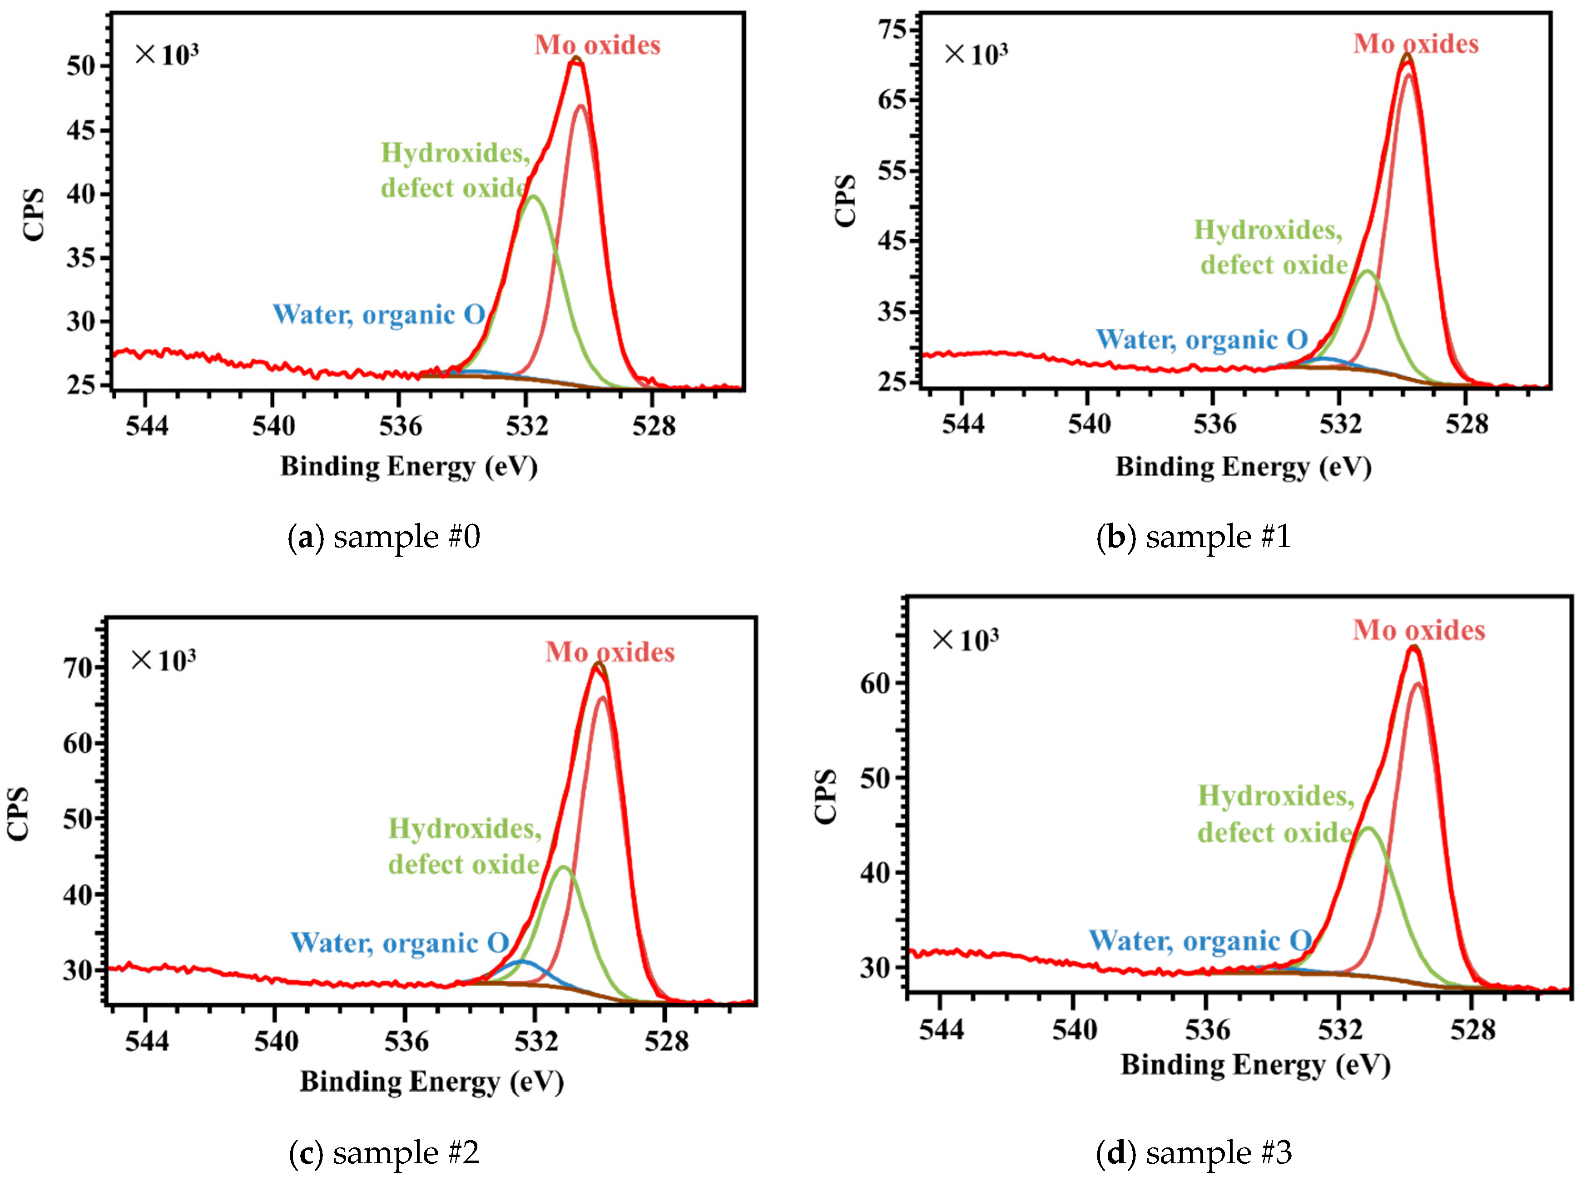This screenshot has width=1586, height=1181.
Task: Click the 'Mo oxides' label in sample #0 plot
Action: [x=597, y=45]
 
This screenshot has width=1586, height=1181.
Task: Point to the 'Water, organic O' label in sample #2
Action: [x=399, y=943]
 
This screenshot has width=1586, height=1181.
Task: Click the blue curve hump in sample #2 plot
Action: [x=522, y=962]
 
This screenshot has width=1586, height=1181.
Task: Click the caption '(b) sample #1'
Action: [x=1194, y=536]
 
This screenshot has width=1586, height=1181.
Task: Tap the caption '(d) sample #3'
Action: [x=1194, y=1152]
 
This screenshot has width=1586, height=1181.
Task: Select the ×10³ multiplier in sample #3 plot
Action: [x=965, y=640]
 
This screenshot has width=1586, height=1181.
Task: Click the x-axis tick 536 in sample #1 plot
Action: [x=1214, y=425]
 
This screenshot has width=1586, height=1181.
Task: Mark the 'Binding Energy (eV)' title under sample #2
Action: [x=431, y=1082]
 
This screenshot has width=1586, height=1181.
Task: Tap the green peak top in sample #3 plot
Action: [x=1368, y=829]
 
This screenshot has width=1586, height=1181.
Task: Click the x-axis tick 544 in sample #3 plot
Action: [x=941, y=1030]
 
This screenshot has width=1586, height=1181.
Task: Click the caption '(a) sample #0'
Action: [x=383, y=536]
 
